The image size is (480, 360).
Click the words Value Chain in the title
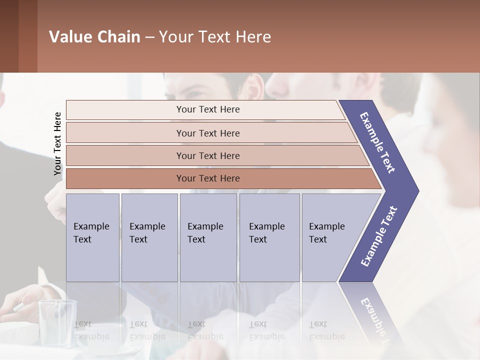click(x=94, y=37)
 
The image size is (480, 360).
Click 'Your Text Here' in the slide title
click(x=215, y=37)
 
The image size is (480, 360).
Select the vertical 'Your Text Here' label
click(x=57, y=143)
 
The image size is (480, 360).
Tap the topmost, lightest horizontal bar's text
click(x=208, y=109)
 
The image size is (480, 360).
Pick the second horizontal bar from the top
click(x=208, y=133)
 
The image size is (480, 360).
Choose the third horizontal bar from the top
click(x=208, y=156)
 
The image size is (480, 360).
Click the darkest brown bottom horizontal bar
click(x=208, y=178)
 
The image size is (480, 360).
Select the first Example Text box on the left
click(x=92, y=237)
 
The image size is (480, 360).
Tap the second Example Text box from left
click(x=149, y=237)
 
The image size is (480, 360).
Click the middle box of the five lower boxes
click(x=208, y=237)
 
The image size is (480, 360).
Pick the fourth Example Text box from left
click(x=269, y=237)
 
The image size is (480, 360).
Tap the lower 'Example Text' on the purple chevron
click(x=378, y=236)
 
